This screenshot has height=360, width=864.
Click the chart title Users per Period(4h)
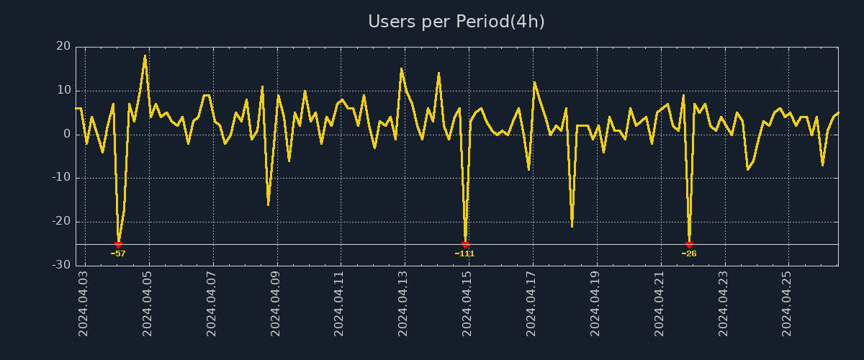tap(456, 22)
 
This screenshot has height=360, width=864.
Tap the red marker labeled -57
tap(118, 245)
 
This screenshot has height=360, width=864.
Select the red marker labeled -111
tap(465, 245)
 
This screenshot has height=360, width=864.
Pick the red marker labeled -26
tap(689, 245)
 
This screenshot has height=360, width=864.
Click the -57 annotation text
tap(118, 253)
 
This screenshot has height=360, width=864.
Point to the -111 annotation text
tap(465, 253)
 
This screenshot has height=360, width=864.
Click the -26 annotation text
tap(689, 253)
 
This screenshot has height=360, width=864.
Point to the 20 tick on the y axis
tap(63, 46)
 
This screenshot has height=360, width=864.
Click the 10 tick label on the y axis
tap(63, 90)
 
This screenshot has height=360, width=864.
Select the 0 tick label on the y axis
tap(67, 134)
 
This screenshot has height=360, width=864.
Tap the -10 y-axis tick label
tap(61, 178)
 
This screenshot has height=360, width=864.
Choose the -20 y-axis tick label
tap(61, 221)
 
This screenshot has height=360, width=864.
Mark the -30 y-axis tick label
tap(61, 265)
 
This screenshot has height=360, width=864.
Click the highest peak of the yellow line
tap(145, 55)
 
